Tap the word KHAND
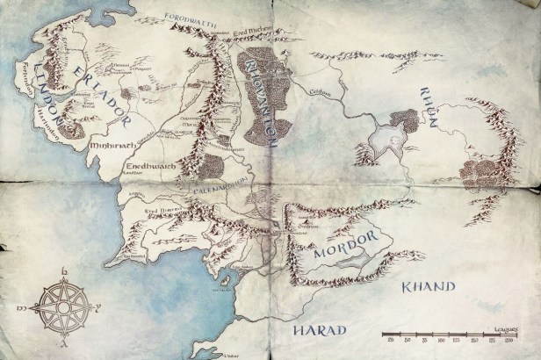(428, 286)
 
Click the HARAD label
(320, 329)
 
